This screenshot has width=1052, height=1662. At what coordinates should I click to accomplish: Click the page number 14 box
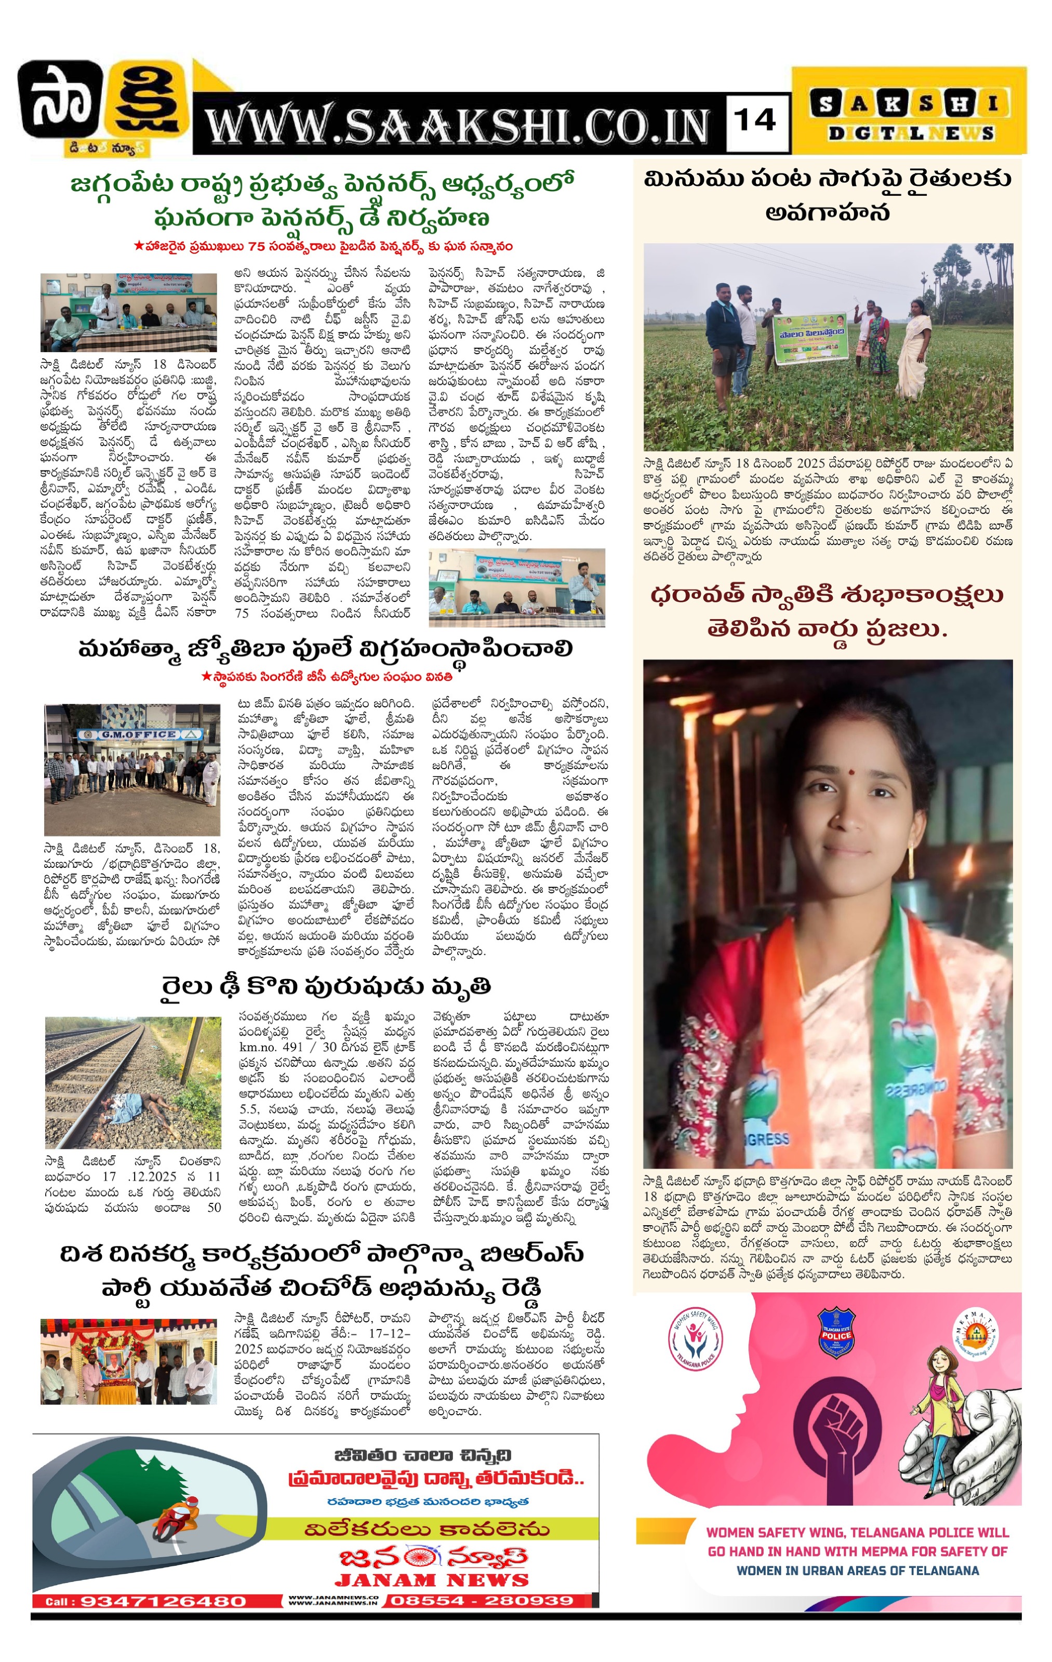pyautogui.click(x=756, y=122)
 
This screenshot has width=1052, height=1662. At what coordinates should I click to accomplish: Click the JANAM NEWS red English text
pyautogui.click(x=431, y=1580)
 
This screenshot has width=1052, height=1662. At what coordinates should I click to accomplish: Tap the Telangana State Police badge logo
pyautogui.click(x=836, y=1334)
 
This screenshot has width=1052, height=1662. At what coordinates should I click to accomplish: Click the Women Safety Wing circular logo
pyautogui.click(x=695, y=1339)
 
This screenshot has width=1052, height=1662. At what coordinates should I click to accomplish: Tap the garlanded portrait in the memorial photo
pyautogui.click(x=111, y=1357)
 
